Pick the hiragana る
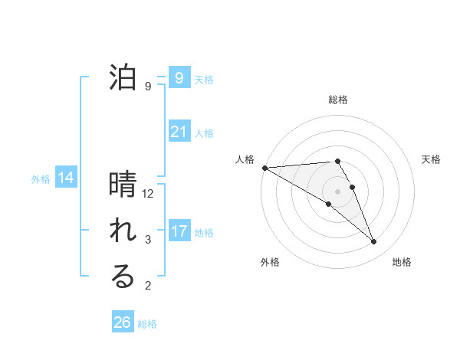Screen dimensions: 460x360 (123, 277)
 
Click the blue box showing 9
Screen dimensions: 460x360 (179, 78)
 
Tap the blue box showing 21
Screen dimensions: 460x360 (179, 132)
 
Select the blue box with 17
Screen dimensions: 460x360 (179, 231)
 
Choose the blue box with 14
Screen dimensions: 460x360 (66, 178)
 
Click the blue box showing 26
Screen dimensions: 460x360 (122, 322)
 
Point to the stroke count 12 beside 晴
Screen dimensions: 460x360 (148, 194)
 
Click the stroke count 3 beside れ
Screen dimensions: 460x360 (148, 240)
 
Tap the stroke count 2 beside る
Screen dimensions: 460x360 (148, 286)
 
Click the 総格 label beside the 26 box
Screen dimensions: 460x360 (147, 324)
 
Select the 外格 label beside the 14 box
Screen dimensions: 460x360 (41, 179)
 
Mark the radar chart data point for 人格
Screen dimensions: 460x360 (264, 168)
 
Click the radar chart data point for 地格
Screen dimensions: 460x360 (374, 242)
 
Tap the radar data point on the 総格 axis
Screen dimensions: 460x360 (337, 161)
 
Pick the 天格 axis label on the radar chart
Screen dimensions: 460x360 (432, 159)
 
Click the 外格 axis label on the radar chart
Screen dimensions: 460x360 (270, 262)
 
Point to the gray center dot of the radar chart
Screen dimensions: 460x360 (337, 191)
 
